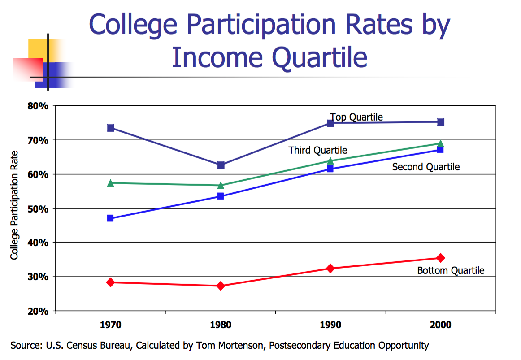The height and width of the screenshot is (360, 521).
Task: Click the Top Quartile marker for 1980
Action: [x=221, y=165]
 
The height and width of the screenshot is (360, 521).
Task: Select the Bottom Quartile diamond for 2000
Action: [x=441, y=258]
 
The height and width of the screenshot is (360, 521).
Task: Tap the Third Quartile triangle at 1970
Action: [x=111, y=183]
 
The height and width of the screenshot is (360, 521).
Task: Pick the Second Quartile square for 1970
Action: [x=111, y=218]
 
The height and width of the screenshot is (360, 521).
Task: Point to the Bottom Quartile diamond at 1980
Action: [x=221, y=286]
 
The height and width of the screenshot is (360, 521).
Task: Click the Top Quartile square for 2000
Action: [x=441, y=122]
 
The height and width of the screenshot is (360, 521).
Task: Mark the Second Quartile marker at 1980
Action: [x=221, y=196]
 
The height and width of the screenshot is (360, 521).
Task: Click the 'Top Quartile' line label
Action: [x=356, y=117]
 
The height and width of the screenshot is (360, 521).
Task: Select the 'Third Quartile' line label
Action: [x=318, y=150]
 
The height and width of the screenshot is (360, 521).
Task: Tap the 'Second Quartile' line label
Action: [x=426, y=167]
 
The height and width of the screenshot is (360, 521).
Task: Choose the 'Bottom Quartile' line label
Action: [x=451, y=271]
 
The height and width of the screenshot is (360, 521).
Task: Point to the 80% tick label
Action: [x=39, y=106]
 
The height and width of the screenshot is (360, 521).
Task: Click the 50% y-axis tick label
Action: [x=39, y=209]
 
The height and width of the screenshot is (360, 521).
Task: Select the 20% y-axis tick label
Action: [x=39, y=311]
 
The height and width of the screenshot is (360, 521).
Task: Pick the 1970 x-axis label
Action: [x=111, y=325]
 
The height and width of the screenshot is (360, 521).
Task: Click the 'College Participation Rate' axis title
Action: [x=14, y=209]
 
